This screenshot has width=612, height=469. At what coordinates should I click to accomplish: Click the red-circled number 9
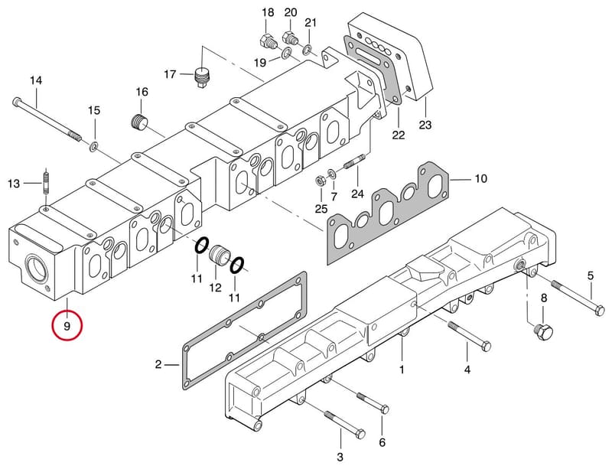[67, 326]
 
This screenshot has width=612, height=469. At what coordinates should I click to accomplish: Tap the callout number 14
[36, 81]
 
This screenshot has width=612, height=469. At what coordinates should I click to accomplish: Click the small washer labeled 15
[94, 147]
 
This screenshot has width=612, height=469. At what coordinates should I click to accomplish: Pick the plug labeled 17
[203, 78]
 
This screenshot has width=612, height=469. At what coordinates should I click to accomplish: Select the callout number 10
[481, 178]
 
